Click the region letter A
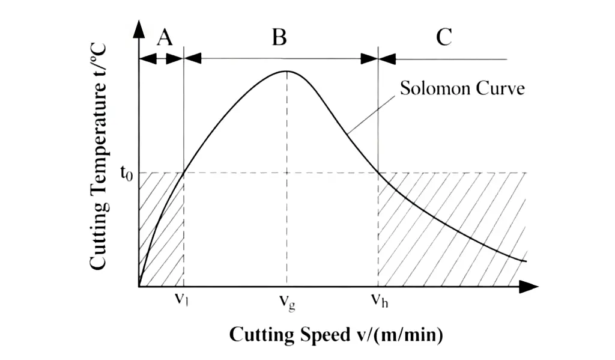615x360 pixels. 165,38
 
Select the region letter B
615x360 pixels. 279,38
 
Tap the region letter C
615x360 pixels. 444,38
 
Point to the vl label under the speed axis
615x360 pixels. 181,299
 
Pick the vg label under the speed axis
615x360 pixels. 287,302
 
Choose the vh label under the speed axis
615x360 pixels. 380,300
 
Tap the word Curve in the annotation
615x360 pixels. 500,88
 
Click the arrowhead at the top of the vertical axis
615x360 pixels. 139,29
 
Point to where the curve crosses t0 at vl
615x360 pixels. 184,172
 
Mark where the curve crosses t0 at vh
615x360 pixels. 378,172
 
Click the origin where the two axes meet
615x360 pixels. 139,287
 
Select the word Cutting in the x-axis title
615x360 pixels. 262,335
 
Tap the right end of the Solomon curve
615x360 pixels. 526,261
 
